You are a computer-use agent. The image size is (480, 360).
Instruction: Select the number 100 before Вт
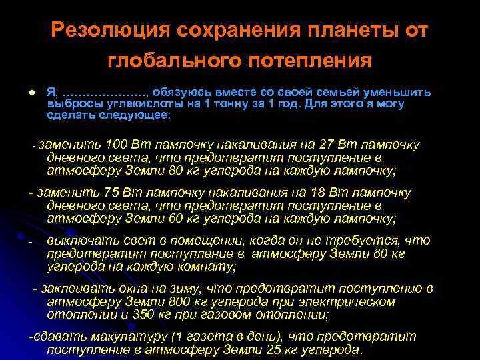point(117,145)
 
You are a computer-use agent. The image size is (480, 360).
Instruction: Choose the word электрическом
point(347,301)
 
